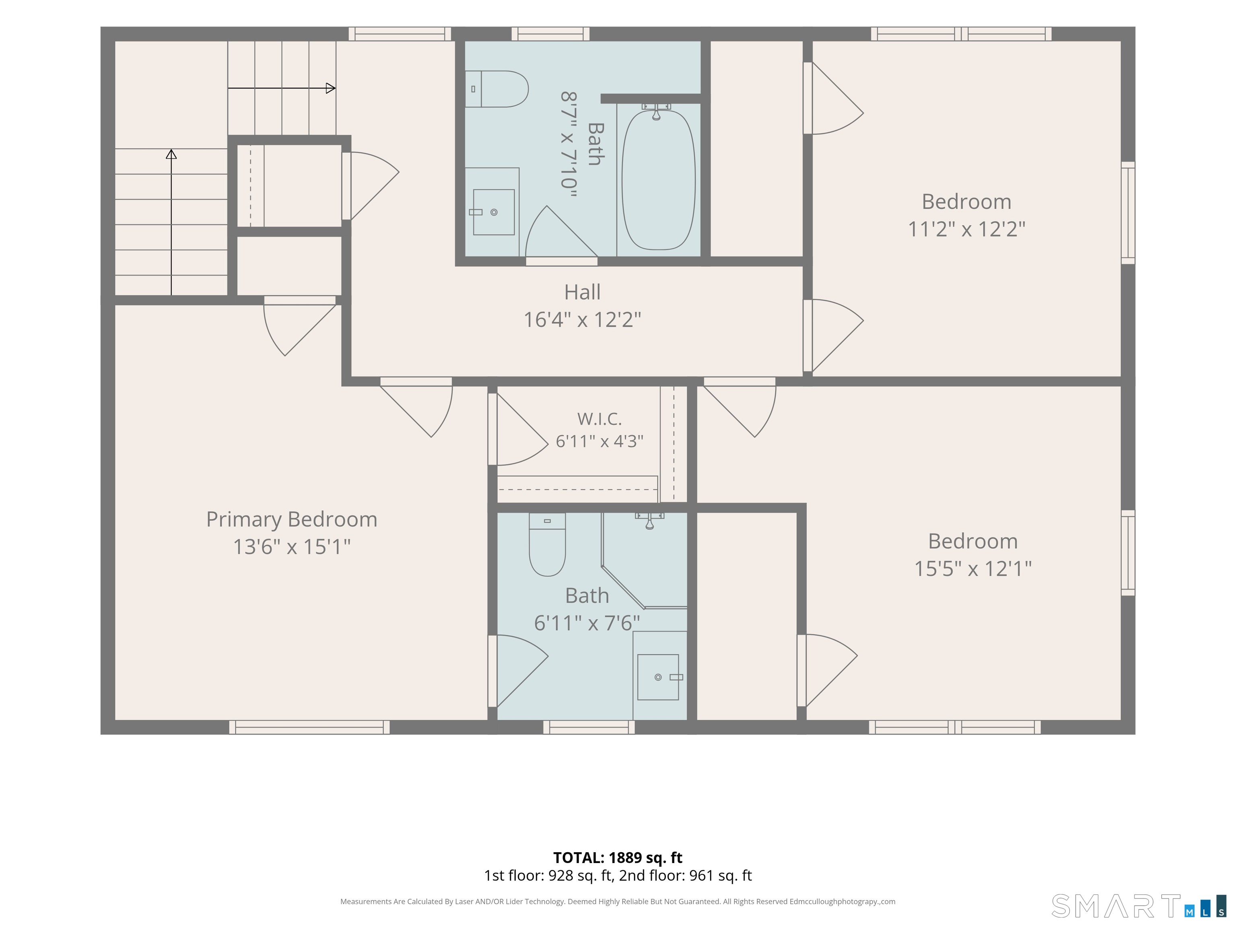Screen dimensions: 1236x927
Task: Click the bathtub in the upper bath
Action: (x=658, y=180)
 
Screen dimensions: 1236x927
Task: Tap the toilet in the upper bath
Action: (x=497, y=89)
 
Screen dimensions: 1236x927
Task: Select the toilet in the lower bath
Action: (x=547, y=544)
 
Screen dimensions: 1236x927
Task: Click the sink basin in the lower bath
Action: (x=658, y=677)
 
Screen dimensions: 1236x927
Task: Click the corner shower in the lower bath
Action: (x=644, y=560)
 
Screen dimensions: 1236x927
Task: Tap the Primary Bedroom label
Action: (x=292, y=519)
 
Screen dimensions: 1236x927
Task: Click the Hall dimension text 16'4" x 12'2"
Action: (x=582, y=319)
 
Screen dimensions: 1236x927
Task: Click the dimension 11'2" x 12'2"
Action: (x=967, y=229)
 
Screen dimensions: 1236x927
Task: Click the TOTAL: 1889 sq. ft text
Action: (x=618, y=858)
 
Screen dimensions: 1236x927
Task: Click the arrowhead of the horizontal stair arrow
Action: (x=331, y=88)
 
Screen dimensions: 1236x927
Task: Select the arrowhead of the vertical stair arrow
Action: (x=171, y=154)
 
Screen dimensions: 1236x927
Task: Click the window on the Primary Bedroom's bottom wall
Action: (x=309, y=727)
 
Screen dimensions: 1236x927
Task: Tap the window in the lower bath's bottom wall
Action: (x=589, y=727)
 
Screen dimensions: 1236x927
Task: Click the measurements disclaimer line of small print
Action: (x=618, y=901)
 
